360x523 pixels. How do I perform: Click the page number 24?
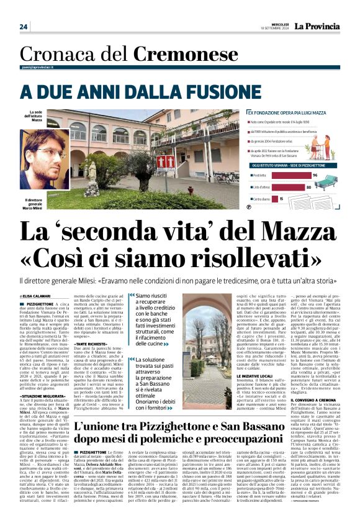click(24, 27)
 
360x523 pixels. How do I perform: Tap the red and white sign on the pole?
click(147, 163)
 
